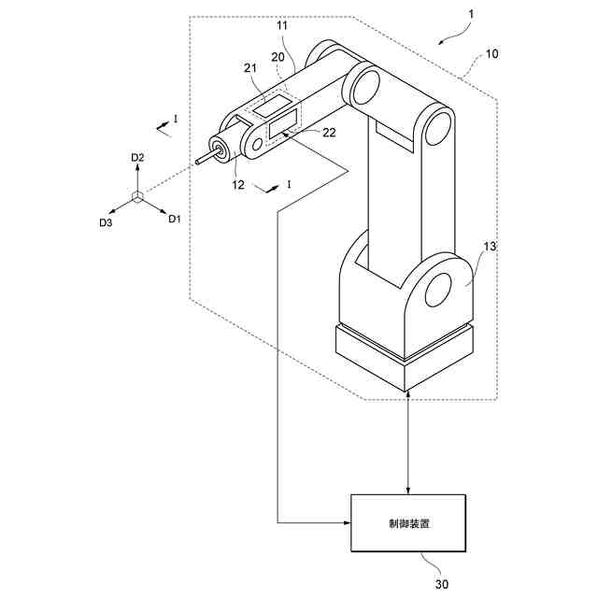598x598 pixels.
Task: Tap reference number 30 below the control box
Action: (x=442, y=584)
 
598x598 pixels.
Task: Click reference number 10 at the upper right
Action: (x=491, y=55)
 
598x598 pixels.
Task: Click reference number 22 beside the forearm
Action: (x=329, y=133)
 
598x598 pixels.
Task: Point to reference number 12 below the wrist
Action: (x=237, y=185)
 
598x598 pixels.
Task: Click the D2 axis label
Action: (x=137, y=159)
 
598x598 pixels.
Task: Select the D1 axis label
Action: (x=173, y=220)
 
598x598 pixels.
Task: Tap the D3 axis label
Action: (x=106, y=222)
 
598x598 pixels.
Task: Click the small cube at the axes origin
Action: (x=137, y=196)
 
